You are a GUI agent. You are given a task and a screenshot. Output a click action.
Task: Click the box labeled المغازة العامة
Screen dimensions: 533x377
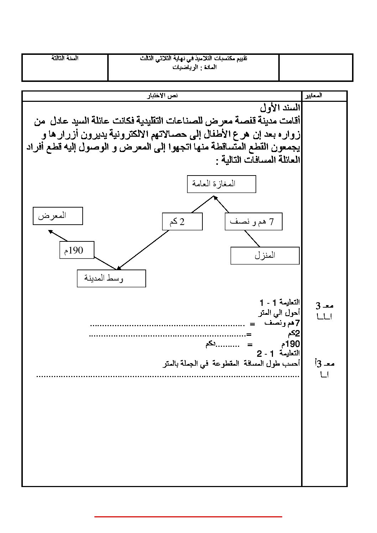pyautogui.click(x=221, y=184)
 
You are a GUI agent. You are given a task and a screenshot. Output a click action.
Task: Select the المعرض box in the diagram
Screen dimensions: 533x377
pyautogui.click(x=58, y=216)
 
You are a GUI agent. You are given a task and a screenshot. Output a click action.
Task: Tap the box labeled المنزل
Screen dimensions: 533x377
pyautogui.click(x=265, y=255)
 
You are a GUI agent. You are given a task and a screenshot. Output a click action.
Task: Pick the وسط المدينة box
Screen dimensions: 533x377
pyautogui.click(x=111, y=278)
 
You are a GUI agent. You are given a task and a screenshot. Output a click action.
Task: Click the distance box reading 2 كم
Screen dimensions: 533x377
pyautogui.click(x=182, y=222)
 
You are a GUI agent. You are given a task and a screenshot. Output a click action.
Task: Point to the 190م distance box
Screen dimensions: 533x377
pyautogui.click(x=77, y=250)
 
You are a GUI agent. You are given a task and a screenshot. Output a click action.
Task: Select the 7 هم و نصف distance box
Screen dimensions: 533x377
pyautogui.click(x=253, y=222)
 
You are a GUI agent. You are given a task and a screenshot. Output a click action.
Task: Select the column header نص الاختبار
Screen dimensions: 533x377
pyautogui.click(x=163, y=96)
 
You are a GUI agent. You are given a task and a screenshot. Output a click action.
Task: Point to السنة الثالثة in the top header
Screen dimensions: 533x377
pyautogui.click(x=65, y=58)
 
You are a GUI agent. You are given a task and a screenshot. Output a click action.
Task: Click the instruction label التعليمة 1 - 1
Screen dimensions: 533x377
pyautogui.click(x=279, y=303)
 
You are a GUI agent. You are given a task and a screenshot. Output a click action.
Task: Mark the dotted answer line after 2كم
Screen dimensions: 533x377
pyautogui.click(x=167, y=335)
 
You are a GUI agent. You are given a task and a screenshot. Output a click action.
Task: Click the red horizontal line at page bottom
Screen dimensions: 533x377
pyautogui.click(x=188, y=516)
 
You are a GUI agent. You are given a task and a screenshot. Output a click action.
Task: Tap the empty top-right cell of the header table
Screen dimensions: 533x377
pyautogui.click(x=316, y=67)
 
